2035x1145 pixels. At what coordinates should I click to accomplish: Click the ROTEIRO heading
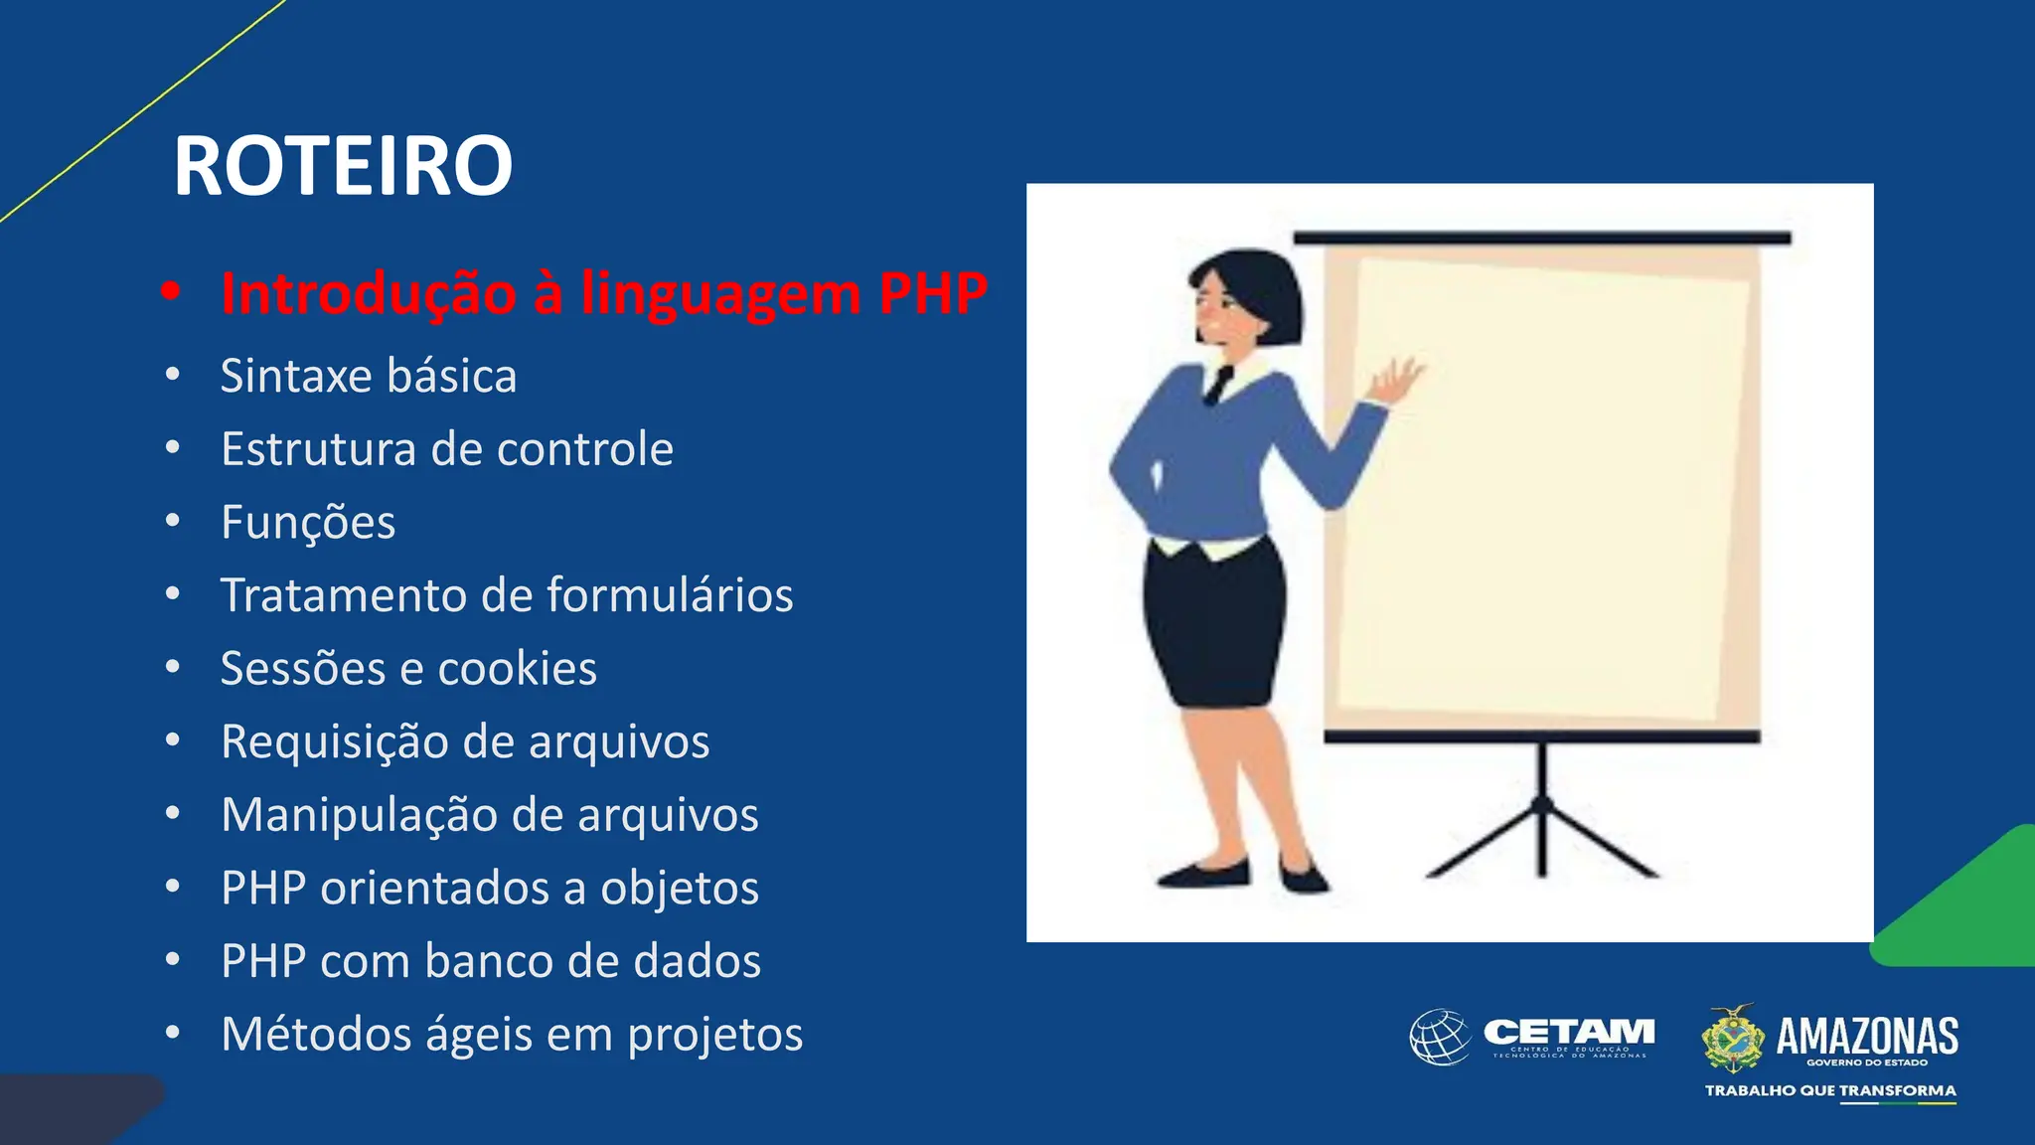pyautogui.click(x=343, y=167)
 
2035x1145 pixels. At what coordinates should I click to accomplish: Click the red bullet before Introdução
pyautogui.click(x=172, y=291)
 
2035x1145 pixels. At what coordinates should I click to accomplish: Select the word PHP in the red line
pyautogui.click(x=933, y=293)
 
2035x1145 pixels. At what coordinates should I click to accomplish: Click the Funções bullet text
pyautogui.click(x=308, y=523)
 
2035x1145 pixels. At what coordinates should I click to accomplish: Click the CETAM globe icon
pyautogui.click(x=1440, y=1037)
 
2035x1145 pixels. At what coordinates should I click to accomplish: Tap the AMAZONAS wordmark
pyautogui.click(x=1866, y=1036)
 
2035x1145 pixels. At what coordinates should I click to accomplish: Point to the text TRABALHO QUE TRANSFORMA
pyautogui.click(x=1830, y=1090)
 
